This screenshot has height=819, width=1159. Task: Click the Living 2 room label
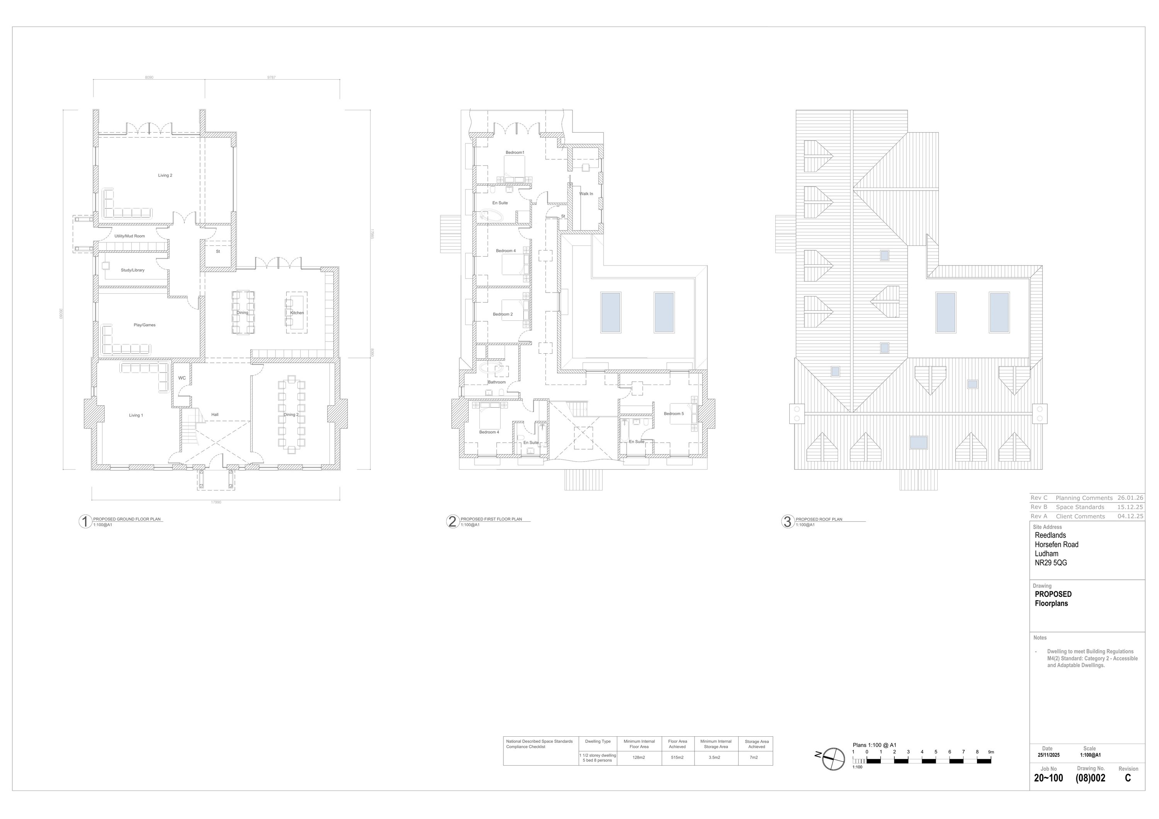[x=165, y=176]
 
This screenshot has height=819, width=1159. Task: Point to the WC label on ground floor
[x=182, y=378]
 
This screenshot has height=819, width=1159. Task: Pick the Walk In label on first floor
[x=586, y=194]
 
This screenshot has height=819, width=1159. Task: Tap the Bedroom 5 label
[x=673, y=414]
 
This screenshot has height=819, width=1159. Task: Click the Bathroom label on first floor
[x=497, y=382]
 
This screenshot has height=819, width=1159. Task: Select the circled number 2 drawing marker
[x=452, y=522]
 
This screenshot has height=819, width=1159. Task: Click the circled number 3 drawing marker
[x=787, y=522]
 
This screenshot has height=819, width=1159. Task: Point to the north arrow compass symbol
[x=833, y=759]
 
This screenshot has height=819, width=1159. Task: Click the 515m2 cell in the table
[x=677, y=758]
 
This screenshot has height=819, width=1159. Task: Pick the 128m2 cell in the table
[x=639, y=758]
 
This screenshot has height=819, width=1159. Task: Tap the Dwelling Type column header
[x=598, y=741]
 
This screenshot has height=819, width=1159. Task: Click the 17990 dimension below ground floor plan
[x=216, y=502]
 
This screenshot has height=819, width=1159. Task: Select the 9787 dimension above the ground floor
[x=272, y=78]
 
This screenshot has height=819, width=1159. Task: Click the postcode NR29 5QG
[x=1051, y=563]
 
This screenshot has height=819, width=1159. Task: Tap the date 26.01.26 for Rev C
[x=1130, y=498]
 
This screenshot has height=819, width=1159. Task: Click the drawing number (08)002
[x=1091, y=778]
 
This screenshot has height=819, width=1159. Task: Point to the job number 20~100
[x=1048, y=778]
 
